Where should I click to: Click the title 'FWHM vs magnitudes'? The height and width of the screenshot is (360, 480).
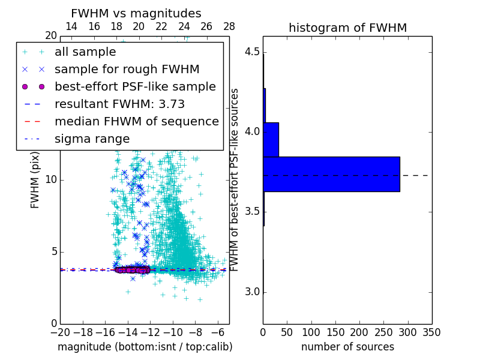click(136, 13)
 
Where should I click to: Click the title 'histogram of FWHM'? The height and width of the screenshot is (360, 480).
click(347, 28)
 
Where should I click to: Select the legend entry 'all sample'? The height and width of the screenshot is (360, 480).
click(85, 52)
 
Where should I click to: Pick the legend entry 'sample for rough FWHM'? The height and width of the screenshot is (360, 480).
click(127, 70)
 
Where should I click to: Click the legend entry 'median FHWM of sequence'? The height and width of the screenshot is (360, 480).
click(136, 122)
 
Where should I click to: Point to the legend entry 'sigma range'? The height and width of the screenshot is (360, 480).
click(92, 139)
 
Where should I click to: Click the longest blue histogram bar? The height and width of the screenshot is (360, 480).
click(331, 174)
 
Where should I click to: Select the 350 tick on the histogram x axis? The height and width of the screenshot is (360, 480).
click(432, 332)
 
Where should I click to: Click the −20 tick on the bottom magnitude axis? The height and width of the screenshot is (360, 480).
click(60, 332)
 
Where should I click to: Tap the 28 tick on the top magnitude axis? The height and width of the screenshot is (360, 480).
click(229, 27)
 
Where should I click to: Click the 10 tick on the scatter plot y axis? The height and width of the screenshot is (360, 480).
click(51, 180)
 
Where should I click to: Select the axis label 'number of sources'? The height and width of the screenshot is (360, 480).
click(347, 347)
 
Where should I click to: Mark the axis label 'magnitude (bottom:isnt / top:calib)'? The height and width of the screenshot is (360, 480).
click(145, 347)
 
